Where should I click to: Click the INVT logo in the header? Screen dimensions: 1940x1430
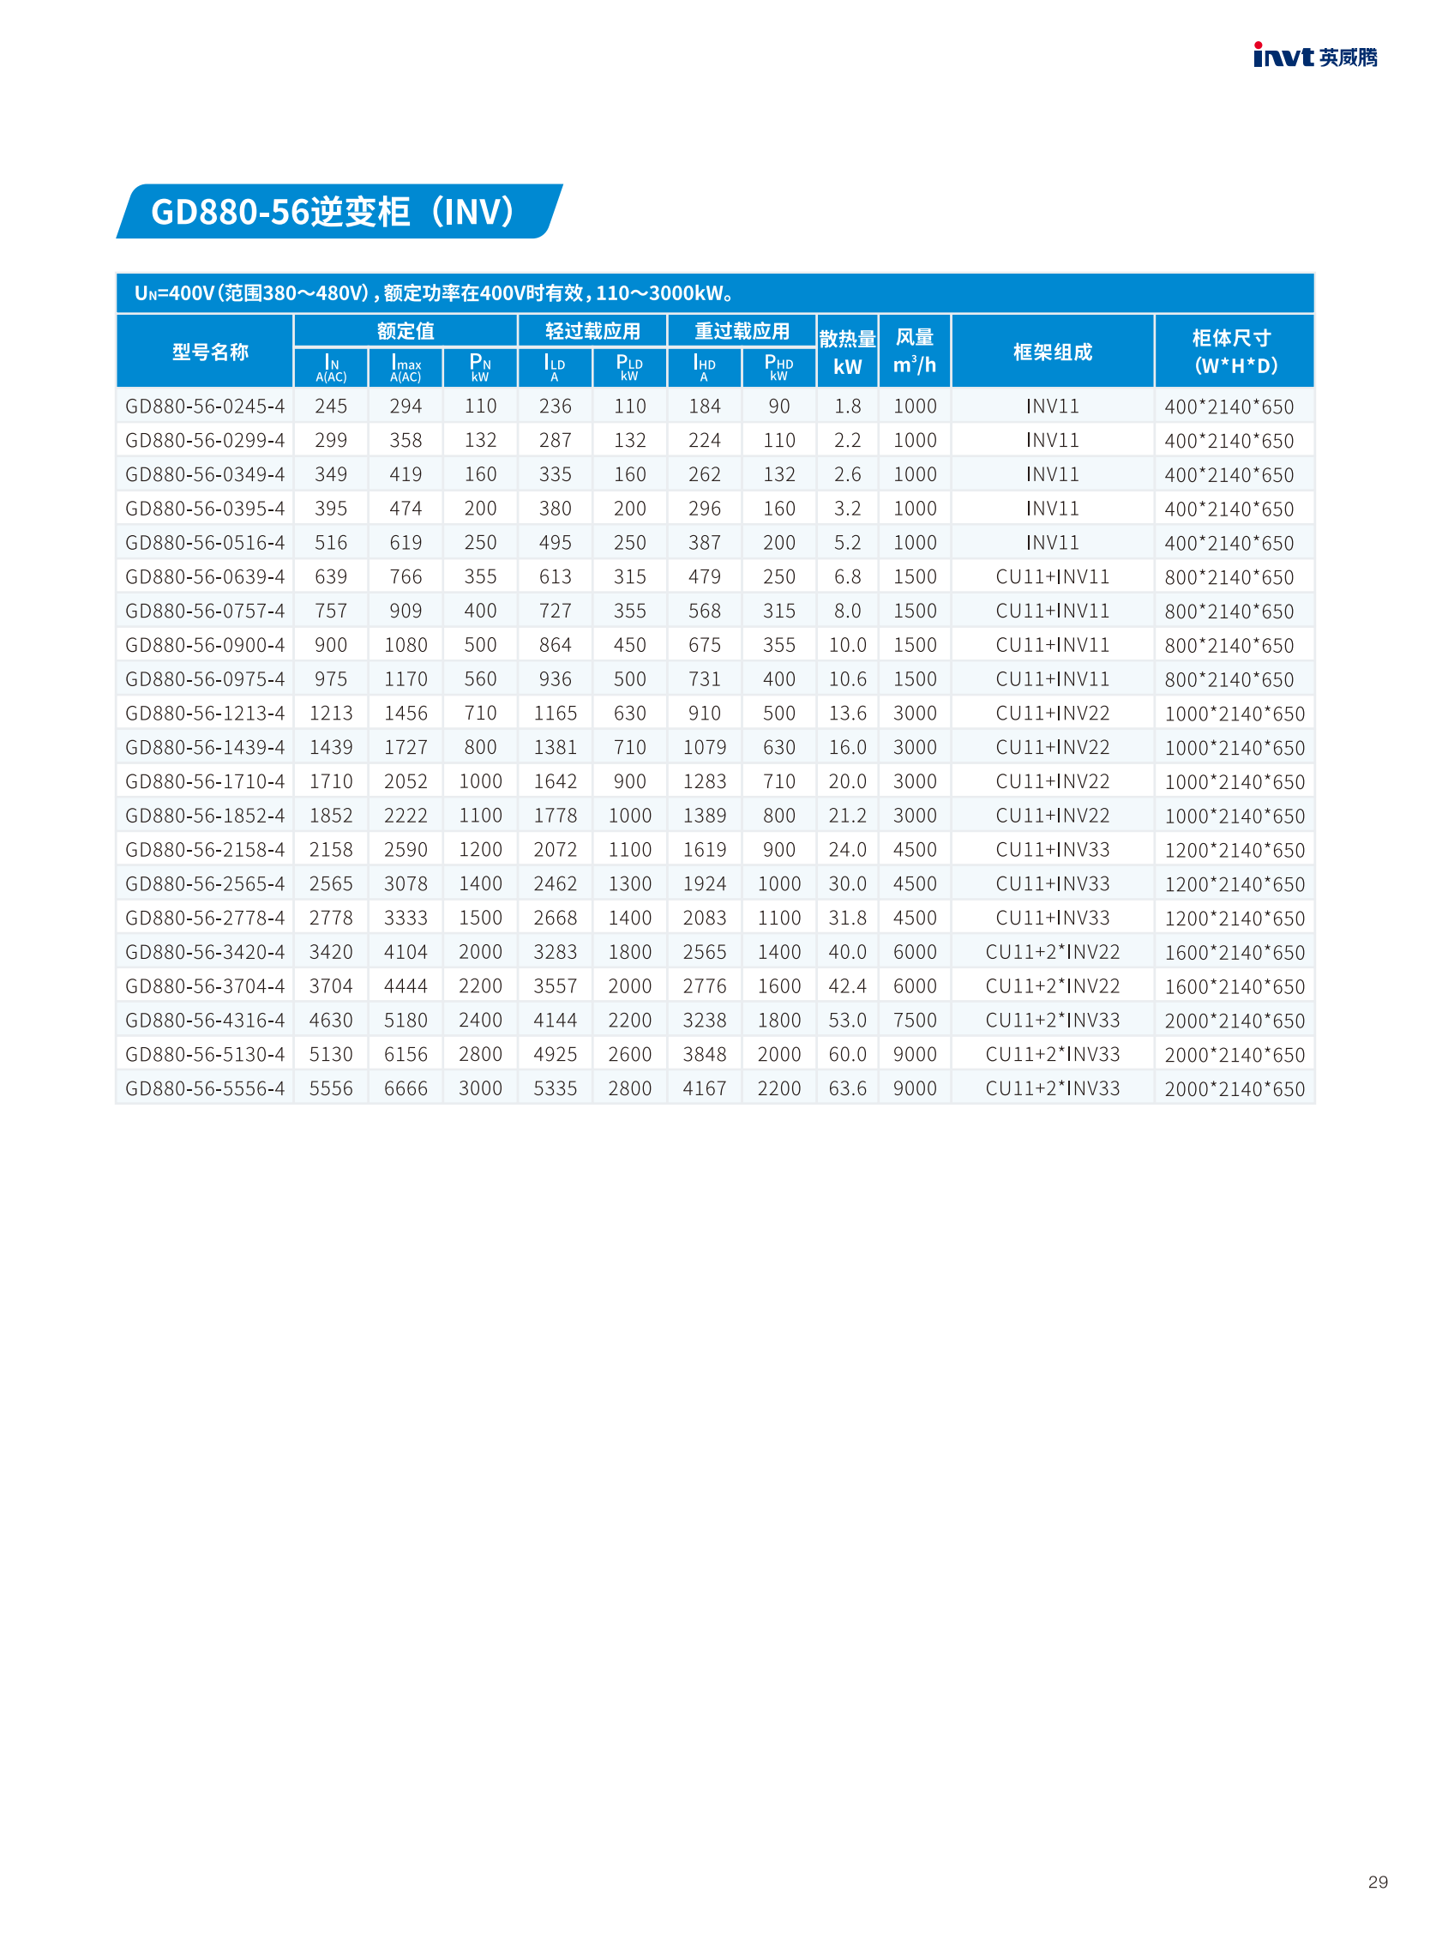pos(1314,57)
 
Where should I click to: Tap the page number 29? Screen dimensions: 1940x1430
pos(1378,1882)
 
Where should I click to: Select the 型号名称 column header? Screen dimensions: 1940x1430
pos(209,352)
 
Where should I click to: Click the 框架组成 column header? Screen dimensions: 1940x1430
pos(1052,352)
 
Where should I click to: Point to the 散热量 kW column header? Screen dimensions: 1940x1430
pos(846,352)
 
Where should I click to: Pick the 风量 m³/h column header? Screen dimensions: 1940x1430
pos(914,352)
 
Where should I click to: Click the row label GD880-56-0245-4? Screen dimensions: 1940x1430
pos(205,407)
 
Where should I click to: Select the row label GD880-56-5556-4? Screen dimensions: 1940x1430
pos(205,1088)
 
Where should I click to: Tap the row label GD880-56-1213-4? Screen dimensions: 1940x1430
pos(205,714)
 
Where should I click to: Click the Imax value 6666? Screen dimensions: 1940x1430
pos(406,1088)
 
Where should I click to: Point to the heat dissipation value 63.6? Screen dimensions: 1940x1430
pos(846,1088)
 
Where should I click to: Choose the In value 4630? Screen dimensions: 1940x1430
pos(331,1021)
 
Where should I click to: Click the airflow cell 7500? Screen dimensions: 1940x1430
pos(914,1021)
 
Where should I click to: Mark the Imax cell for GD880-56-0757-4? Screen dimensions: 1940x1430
pos(406,612)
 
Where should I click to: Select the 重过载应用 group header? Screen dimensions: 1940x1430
pos(741,331)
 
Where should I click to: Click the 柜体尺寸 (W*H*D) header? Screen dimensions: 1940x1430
pos(1233,352)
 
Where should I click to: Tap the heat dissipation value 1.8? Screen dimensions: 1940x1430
pos(846,407)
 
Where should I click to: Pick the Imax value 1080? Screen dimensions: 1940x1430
pos(406,645)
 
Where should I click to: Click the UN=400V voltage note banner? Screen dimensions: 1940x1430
pos(714,293)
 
